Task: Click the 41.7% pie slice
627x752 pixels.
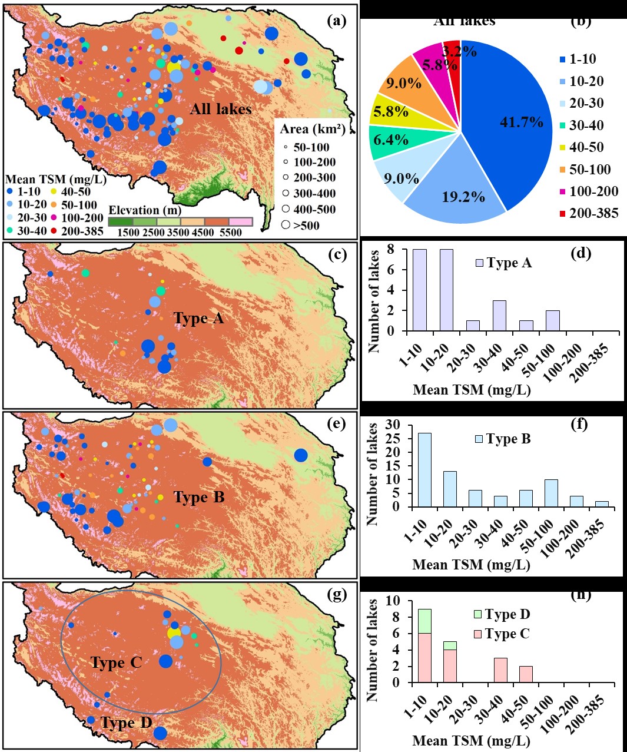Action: coord(512,124)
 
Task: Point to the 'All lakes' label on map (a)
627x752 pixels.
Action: coord(221,109)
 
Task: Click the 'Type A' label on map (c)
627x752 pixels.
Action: coord(199,319)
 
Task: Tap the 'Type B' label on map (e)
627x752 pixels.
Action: coord(199,498)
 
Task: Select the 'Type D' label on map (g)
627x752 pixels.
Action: coord(126,723)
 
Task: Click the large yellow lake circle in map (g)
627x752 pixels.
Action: coord(174,633)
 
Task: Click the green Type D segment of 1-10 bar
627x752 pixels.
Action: coord(424,621)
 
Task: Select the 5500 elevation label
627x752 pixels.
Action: coord(230,232)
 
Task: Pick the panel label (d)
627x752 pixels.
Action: coord(580,254)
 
